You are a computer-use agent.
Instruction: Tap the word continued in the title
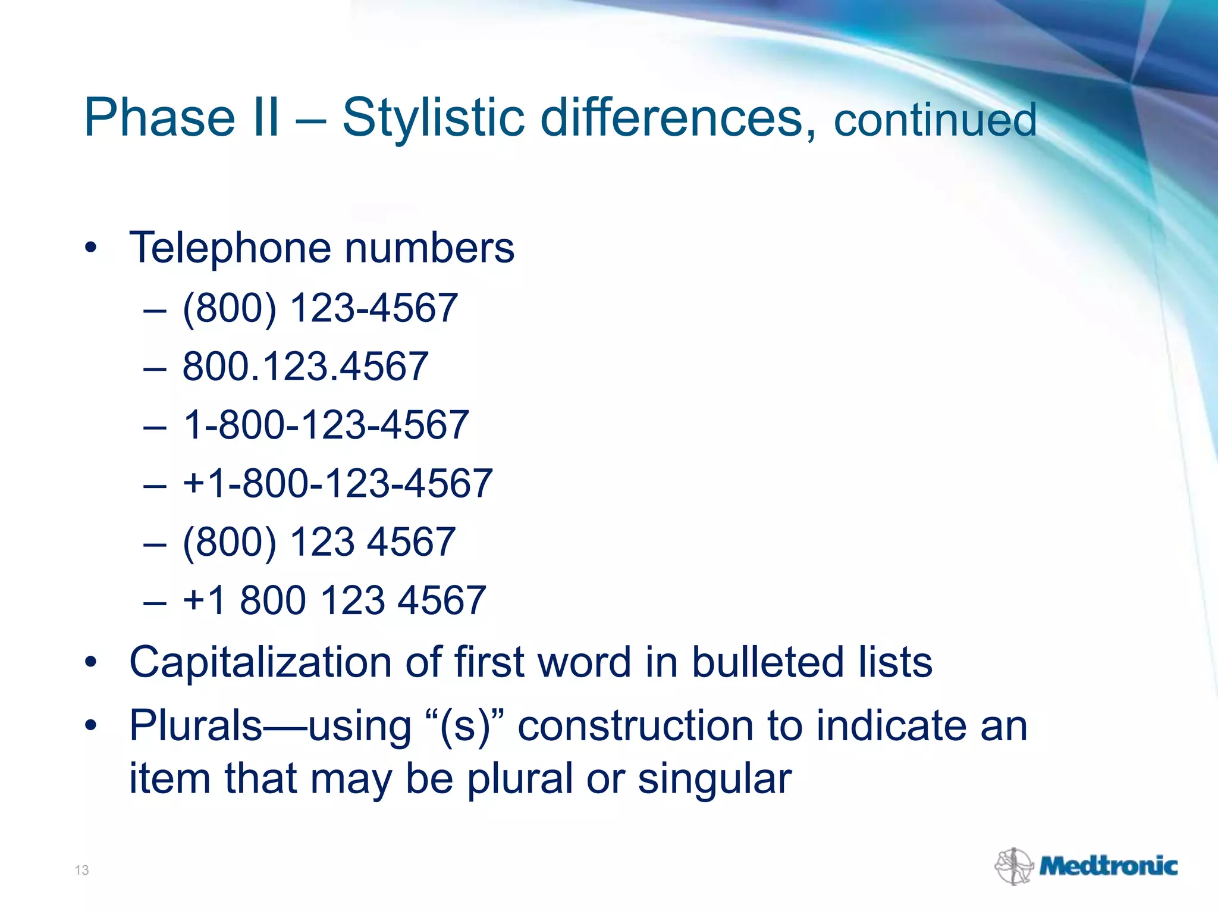pyautogui.click(x=935, y=120)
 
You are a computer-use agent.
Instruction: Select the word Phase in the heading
pyautogui.click(x=159, y=118)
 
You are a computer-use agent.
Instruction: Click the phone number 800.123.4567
pyautogui.click(x=305, y=367)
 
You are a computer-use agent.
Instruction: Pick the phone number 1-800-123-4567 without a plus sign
pyautogui.click(x=326, y=425)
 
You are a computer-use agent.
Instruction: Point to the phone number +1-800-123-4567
pyautogui.click(x=337, y=483)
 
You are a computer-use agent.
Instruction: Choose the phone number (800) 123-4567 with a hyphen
pyautogui.click(x=320, y=308)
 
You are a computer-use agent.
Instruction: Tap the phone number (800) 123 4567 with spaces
pyautogui.click(x=319, y=541)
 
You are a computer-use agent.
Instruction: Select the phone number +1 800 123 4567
pyautogui.click(x=334, y=600)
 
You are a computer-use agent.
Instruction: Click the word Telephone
pyautogui.click(x=230, y=248)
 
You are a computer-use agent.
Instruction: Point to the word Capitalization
pyautogui.click(x=260, y=662)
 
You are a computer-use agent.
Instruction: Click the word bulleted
pyautogui.click(x=767, y=662)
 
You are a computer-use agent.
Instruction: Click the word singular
pyautogui.click(x=714, y=779)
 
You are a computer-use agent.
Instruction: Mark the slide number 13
pyautogui.click(x=81, y=871)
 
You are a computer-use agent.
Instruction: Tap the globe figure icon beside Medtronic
pyautogui.click(x=1013, y=866)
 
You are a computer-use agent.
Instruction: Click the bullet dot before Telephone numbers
pyautogui.click(x=90, y=248)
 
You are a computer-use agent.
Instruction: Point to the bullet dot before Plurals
pyautogui.click(x=90, y=726)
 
